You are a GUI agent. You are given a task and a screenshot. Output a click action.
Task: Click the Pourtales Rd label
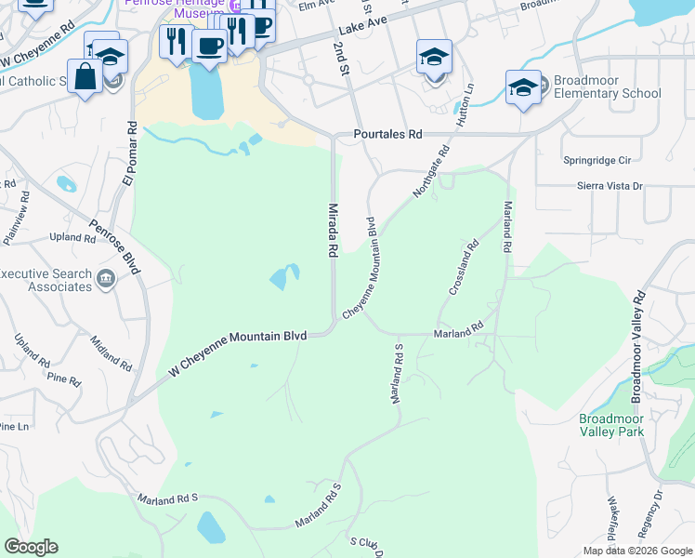(387, 135)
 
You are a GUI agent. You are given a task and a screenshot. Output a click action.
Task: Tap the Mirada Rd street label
(330, 231)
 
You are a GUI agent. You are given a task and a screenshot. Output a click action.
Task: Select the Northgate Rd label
(431, 170)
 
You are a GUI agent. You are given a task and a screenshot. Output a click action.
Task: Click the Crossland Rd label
(464, 268)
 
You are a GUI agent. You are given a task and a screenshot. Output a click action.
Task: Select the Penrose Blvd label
(114, 246)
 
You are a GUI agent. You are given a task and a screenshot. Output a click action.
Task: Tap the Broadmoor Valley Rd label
(638, 348)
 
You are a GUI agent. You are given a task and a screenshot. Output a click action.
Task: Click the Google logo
(31, 547)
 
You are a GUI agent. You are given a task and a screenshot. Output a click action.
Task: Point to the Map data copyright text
(636, 551)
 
